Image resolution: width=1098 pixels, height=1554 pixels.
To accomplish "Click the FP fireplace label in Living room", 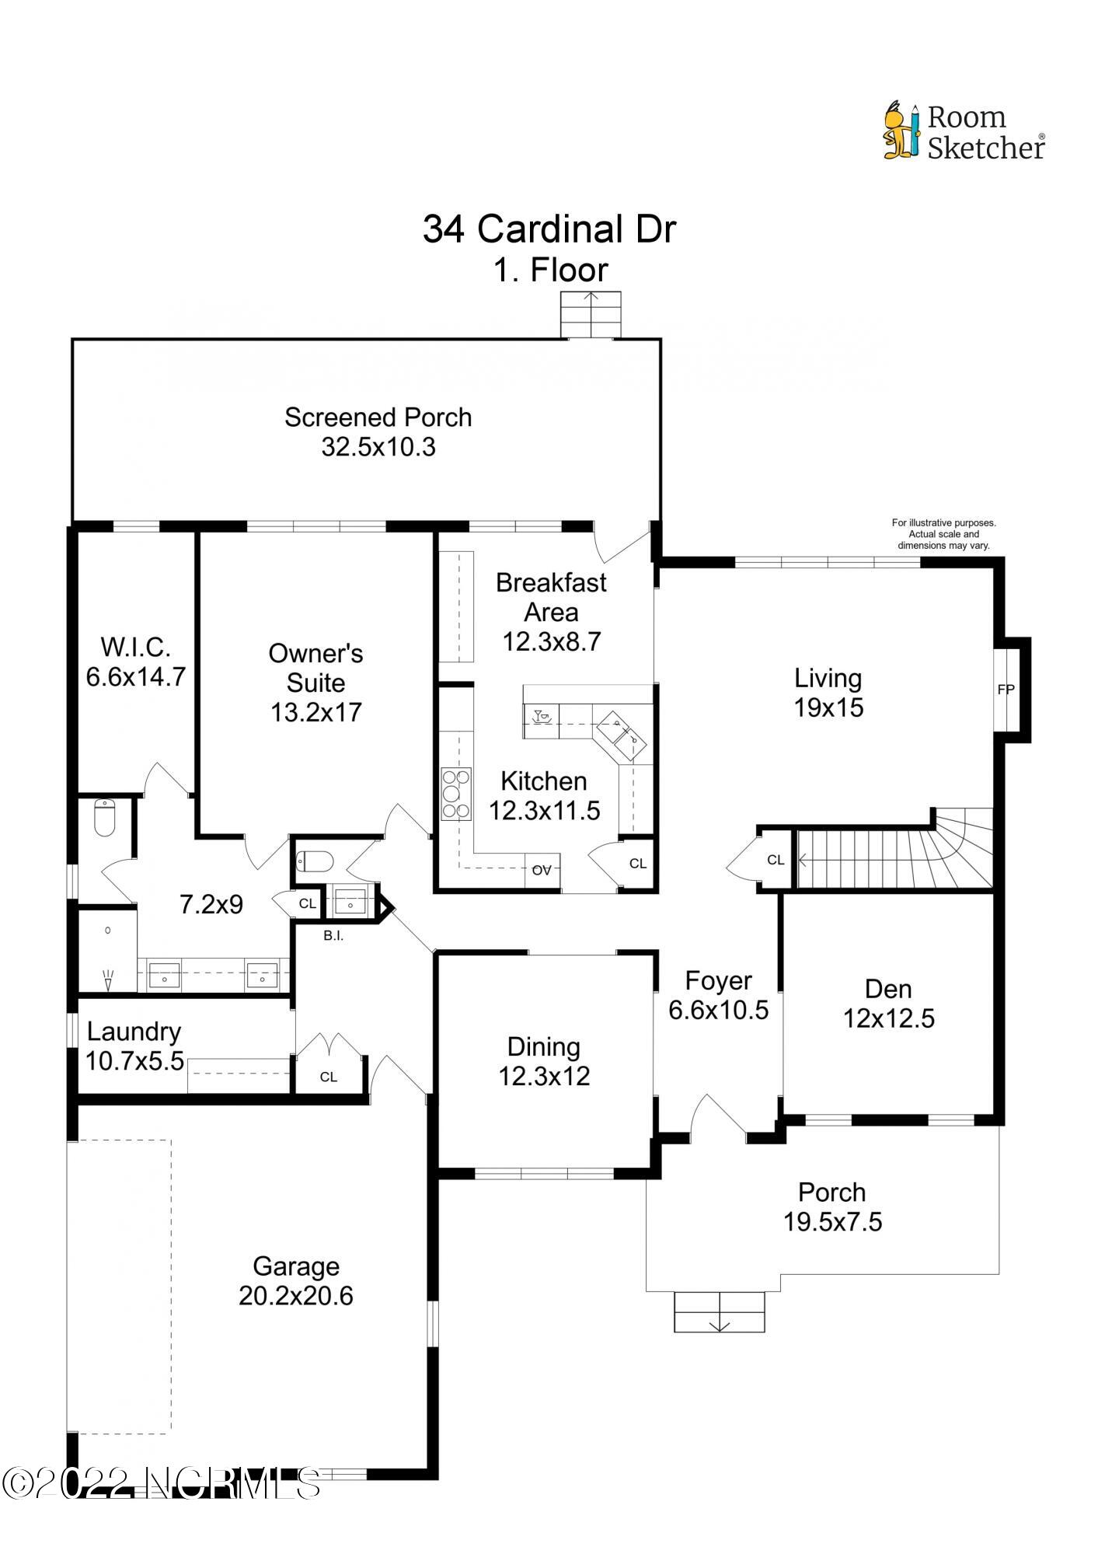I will click(1006, 690).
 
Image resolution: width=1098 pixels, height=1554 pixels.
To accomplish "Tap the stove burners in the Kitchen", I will click(456, 794).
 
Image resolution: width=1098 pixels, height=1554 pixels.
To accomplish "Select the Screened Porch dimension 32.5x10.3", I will click(378, 447).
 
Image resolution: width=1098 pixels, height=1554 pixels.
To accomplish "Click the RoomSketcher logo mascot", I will click(901, 131).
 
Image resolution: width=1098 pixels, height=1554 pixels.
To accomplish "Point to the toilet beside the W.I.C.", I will click(104, 817).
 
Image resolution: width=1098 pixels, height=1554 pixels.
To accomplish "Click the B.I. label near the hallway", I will click(333, 936).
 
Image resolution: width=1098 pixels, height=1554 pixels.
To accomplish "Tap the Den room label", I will click(888, 989).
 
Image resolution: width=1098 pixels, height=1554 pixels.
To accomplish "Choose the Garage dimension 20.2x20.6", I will click(295, 1296).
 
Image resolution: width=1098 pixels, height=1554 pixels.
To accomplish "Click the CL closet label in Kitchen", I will click(638, 864).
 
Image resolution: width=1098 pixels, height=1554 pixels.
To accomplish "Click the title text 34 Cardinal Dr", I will click(549, 229).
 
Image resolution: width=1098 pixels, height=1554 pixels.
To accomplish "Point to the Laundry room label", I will click(134, 1032).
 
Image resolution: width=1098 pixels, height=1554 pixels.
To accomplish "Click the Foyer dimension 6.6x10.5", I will click(718, 1011).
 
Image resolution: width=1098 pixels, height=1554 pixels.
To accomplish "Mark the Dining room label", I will click(543, 1047).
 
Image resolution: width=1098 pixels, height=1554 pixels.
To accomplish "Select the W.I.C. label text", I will click(135, 647).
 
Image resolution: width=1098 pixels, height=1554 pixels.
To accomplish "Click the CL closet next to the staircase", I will click(776, 859).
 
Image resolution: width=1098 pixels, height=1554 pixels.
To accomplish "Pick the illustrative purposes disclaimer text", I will click(943, 534).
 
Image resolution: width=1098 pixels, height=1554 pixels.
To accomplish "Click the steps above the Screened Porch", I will click(591, 315).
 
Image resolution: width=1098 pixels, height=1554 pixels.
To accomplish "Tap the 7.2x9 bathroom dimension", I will click(211, 904).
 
